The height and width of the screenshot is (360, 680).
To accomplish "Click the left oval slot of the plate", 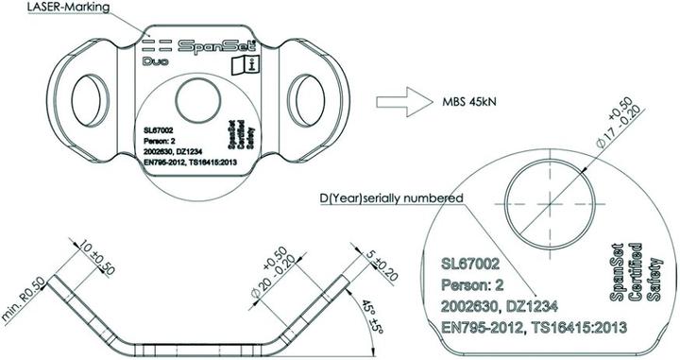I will point(93,97).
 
